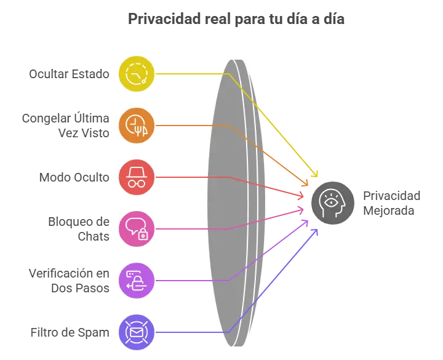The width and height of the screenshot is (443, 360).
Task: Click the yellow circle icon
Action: [137, 73]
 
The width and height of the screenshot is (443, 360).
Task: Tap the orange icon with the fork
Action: [137, 125]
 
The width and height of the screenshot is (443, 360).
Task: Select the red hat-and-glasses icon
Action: [137, 177]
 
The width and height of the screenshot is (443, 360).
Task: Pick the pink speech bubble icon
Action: [137, 228]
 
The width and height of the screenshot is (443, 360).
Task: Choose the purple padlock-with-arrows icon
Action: [137, 281]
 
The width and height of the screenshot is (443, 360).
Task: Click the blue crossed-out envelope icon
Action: [137, 332]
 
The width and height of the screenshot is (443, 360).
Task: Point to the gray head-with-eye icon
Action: [333, 203]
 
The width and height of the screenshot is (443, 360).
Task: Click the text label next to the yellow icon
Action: [69, 73]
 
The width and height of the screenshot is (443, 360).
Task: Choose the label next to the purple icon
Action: [70, 281]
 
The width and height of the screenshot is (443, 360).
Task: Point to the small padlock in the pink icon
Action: [143, 234]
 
